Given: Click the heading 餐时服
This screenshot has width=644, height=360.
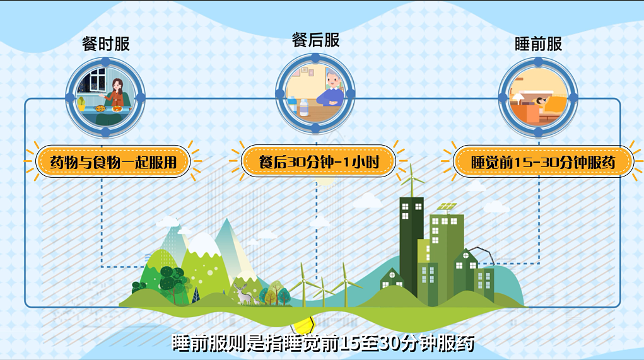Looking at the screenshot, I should pyautogui.click(x=106, y=44).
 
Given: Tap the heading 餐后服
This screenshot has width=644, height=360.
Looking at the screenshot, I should pyautogui.click(x=316, y=40).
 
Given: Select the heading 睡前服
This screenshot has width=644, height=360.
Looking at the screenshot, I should pyautogui.click(x=538, y=44).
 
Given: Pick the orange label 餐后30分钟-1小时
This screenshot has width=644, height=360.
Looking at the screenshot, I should pyautogui.click(x=319, y=162).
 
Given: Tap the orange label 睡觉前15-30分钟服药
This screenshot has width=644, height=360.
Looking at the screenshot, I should pyautogui.click(x=542, y=162).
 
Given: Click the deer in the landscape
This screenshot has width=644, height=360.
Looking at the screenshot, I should pyautogui.click(x=242, y=293).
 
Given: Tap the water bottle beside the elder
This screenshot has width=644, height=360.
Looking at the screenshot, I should pyautogui.click(x=303, y=107).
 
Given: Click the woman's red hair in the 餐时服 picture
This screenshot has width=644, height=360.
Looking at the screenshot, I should pyautogui.click(x=117, y=86).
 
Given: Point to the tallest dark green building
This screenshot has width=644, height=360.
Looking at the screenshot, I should pyautogui.click(x=411, y=246).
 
